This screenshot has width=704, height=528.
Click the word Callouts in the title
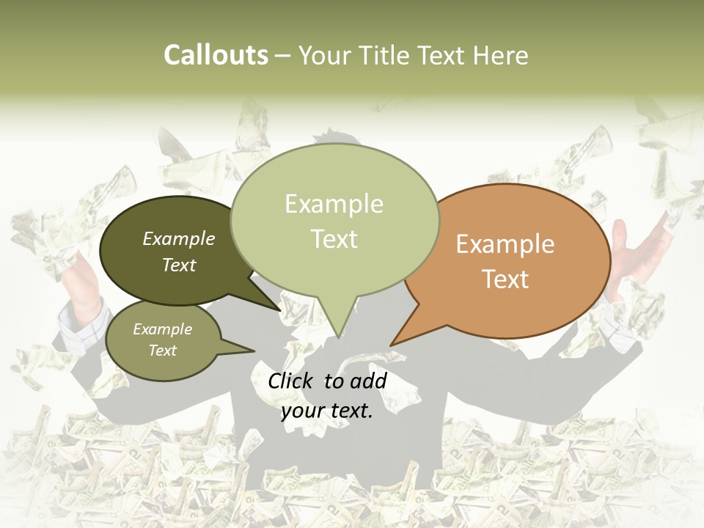click(x=216, y=56)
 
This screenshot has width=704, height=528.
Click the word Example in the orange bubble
click(x=505, y=244)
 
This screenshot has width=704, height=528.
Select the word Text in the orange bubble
click(x=505, y=279)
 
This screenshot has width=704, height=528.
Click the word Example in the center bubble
click(x=334, y=204)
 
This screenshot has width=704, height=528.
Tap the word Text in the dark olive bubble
click(x=179, y=265)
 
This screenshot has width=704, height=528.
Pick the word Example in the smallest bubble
click(x=162, y=329)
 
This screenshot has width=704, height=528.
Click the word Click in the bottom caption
click(x=292, y=381)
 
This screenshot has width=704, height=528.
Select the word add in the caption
click(x=369, y=381)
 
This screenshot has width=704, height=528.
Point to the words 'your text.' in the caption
click(x=327, y=411)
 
